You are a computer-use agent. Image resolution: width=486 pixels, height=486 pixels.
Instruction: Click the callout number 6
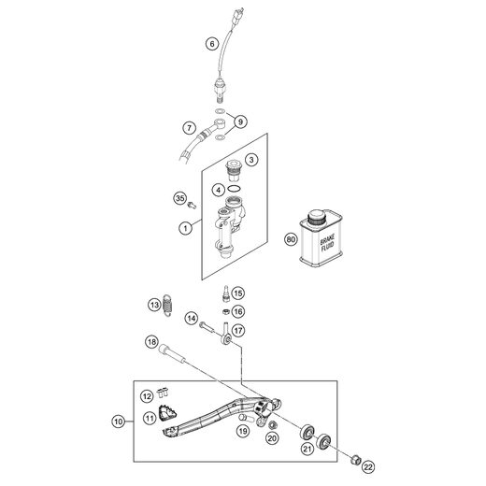pos(212,44)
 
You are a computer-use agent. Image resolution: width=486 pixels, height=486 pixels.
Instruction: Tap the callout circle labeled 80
pos(291,239)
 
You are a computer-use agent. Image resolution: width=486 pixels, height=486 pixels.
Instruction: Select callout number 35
pos(180,198)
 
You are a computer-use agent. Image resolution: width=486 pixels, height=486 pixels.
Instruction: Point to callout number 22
pos(368,467)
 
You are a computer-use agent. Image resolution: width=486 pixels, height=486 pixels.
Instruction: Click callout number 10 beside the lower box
pos(119,422)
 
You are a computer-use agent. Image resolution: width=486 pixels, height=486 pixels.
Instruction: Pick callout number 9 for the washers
pos(240,121)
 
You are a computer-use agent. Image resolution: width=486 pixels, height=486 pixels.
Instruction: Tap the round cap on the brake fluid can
pos(316,216)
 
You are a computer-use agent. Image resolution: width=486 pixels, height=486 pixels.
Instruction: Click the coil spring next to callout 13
pos(168,305)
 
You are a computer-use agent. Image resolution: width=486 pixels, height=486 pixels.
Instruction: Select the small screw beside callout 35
pos(193,205)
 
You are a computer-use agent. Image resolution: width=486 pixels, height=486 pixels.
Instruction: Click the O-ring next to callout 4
pos(234,188)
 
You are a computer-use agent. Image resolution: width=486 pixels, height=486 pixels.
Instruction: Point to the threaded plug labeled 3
pos(233,170)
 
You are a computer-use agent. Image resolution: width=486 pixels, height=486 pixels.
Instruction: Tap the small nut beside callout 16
pos(226,311)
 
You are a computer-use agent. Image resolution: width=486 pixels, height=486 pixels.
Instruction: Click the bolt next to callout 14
pos(206,327)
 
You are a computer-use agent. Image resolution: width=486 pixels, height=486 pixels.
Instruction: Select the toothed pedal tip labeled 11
pos(168,413)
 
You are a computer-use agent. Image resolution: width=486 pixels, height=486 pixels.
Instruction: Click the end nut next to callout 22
pos(355,459)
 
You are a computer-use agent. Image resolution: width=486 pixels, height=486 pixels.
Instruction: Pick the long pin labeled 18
pos(171,352)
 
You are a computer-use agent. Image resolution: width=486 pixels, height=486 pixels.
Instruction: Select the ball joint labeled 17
pos(226,334)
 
